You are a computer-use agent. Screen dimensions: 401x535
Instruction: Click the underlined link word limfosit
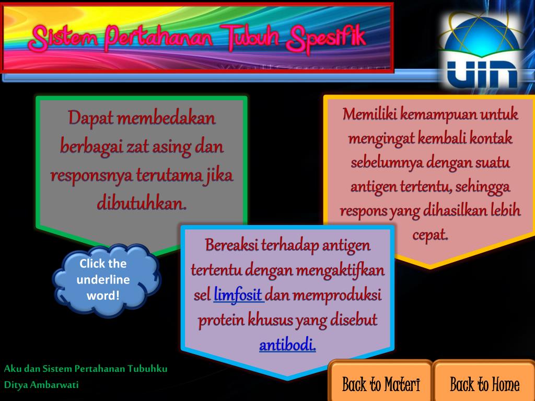[x=238, y=296]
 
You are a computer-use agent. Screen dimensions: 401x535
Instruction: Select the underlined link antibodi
[x=287, y=345]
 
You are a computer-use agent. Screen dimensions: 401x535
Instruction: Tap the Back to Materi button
[x=381, y=384]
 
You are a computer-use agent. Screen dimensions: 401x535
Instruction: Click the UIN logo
[x=479, y=53]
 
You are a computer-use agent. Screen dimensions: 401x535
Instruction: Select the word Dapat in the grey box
[x=90, y=119]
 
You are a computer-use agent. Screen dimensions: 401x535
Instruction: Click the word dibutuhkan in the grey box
[x=142, y=203]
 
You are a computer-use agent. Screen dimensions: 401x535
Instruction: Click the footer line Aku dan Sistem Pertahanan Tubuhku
[x=86, y=369]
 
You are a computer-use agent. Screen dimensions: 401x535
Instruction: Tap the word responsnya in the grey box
[x=91, y=174]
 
